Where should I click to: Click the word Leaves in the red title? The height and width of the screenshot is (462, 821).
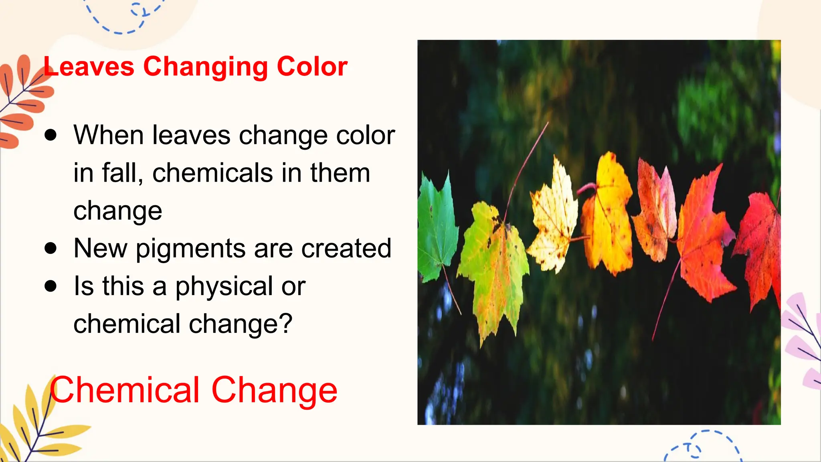pyautogui.click(x=89, y=67)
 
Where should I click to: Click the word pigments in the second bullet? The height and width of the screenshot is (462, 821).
pyautogui.click(x=190, y=249)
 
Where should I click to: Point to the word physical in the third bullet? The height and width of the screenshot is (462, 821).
pyautogui.click(x=224, y=286)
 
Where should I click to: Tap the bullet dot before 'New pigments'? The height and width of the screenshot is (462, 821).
pyautogui.click(x=51, y=248)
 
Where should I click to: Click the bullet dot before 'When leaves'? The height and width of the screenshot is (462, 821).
pyautogui.click(x=51, y=135)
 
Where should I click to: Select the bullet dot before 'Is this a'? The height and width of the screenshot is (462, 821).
pyautogui.click(x=51, y=286)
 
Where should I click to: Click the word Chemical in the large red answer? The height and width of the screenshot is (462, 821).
pyautogui.click(x=124, y=390)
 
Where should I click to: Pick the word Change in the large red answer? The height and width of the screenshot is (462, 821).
pyautogui.click(x=274, y=390)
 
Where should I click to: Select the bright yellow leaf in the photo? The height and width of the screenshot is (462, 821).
pyautogui.click(x=607, y=217)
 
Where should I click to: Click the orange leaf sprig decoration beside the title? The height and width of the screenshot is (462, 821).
pyautogui.click(x=22, y=100)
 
